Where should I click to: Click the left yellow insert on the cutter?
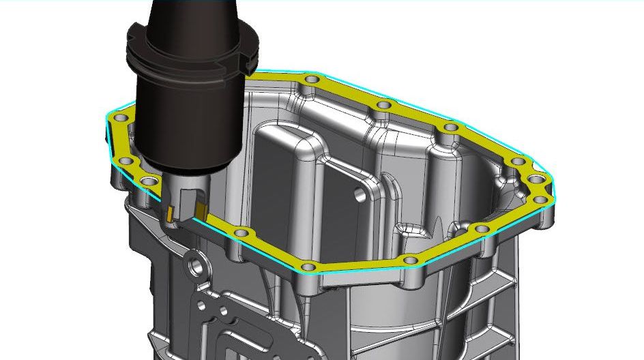coord(168,213)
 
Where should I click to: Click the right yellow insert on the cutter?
coord(201,209)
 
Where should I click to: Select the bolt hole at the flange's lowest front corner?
coord(308,266)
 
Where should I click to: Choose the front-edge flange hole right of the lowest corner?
coord(410,260)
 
